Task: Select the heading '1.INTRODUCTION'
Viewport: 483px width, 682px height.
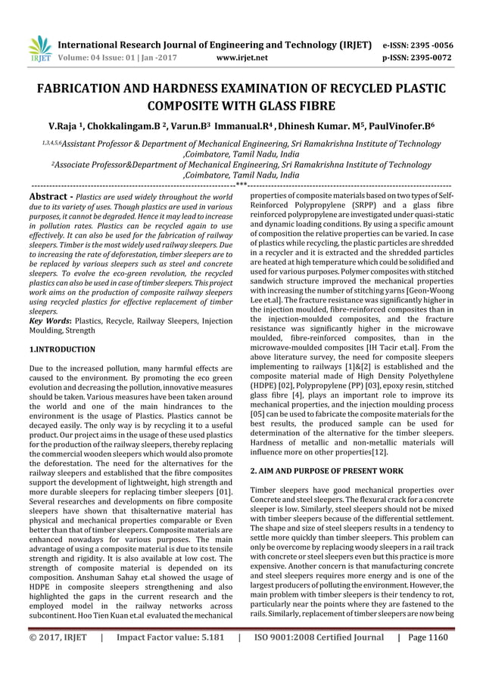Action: (x=62, y=349)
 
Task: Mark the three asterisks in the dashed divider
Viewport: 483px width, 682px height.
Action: (x=241, y=184)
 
